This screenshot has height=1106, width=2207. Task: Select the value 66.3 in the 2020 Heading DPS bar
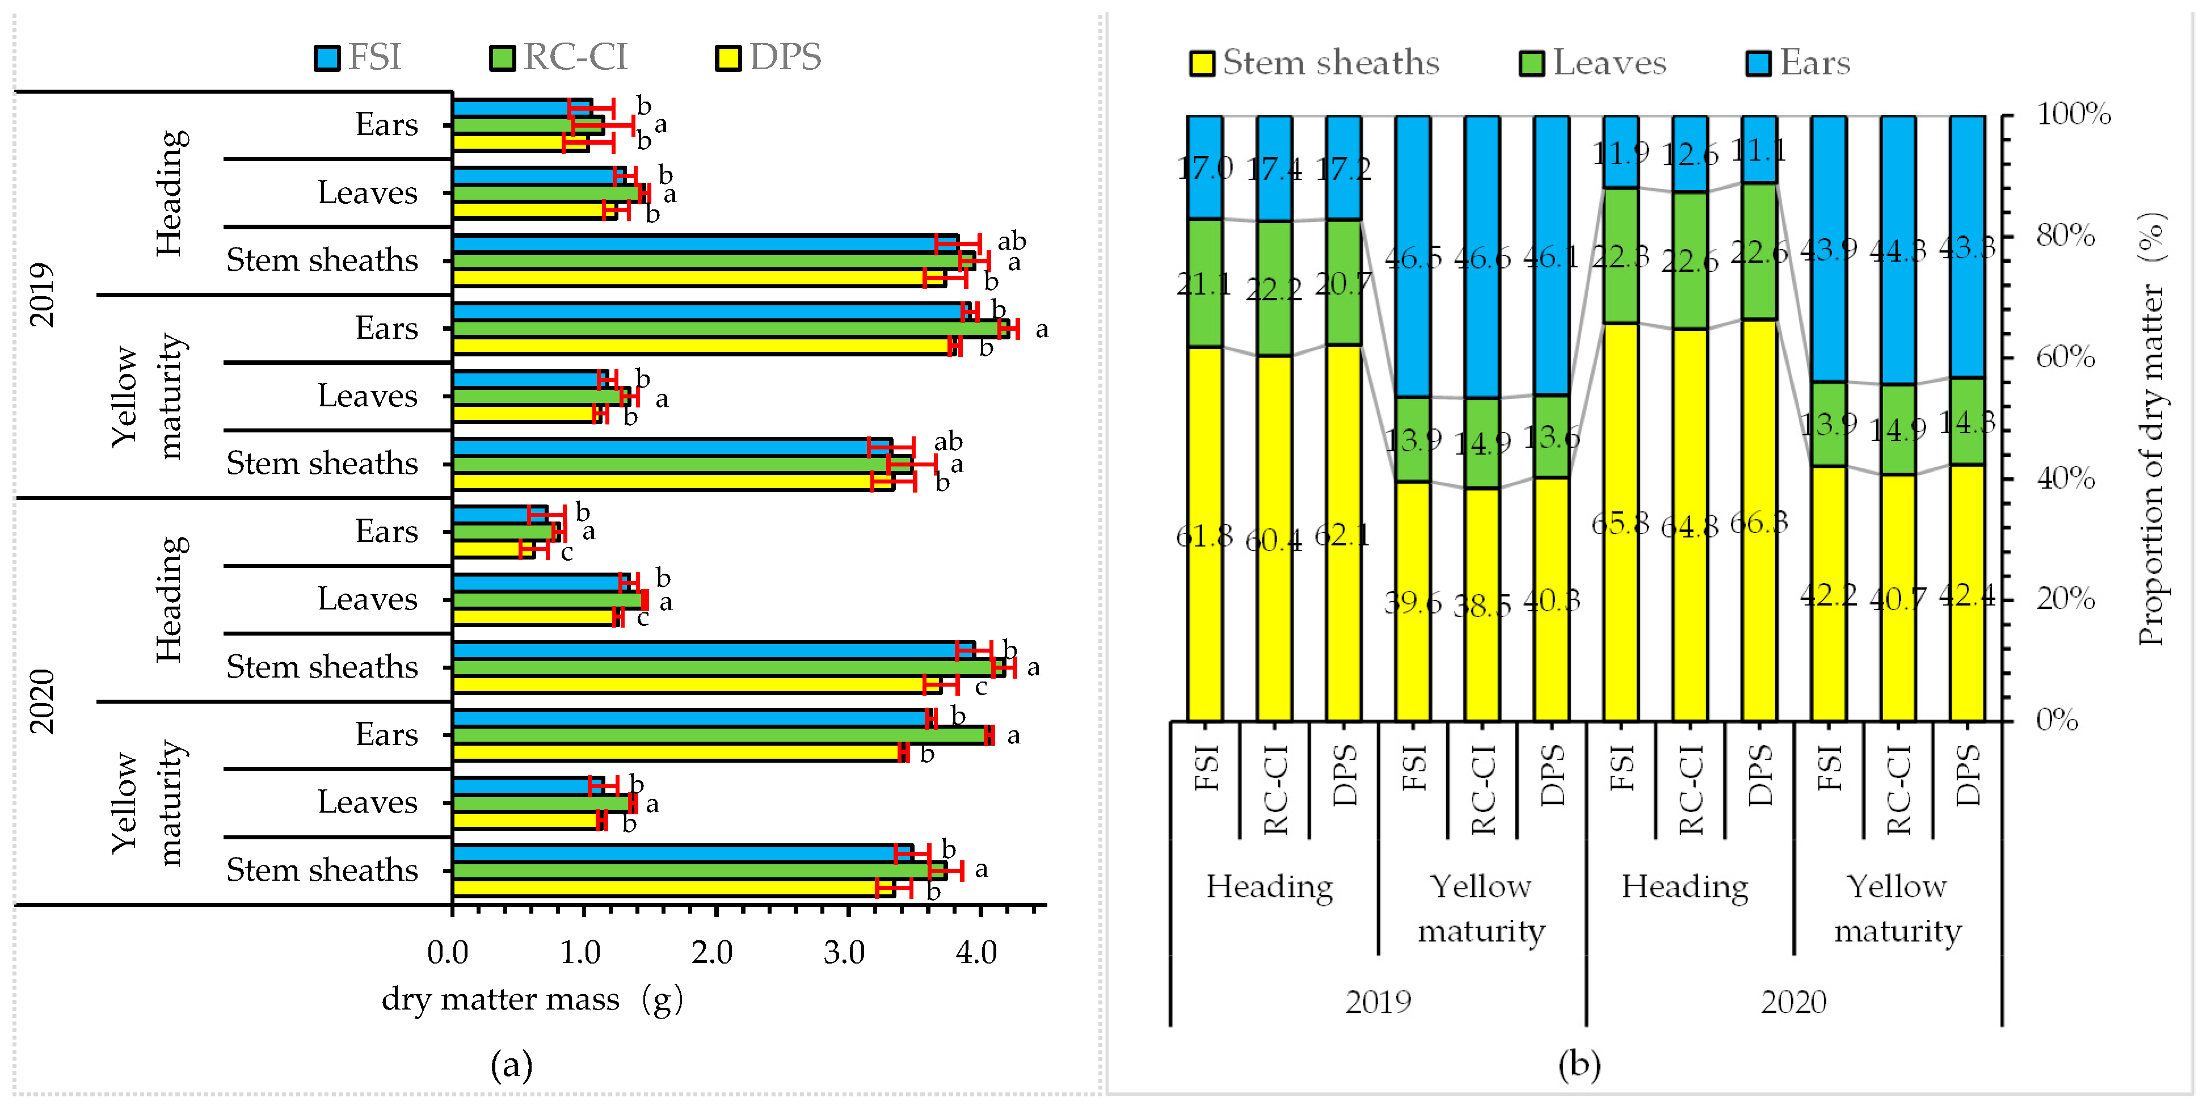point(1758,523)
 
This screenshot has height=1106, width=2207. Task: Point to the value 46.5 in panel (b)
point(1413,257)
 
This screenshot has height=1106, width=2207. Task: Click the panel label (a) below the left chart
point(512,1065)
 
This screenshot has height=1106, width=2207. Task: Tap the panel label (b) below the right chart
point(1579,1065)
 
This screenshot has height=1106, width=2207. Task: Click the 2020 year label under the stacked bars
point(1793,1002)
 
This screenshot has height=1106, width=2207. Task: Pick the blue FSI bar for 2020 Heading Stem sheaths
point(711,649)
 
